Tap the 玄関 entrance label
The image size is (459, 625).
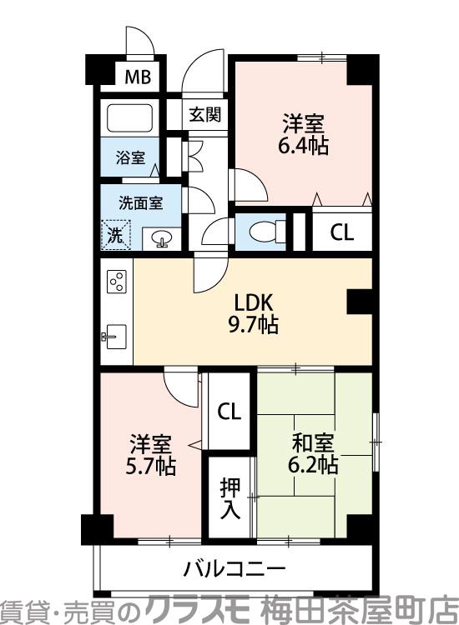pyautogui.click(x=204, y=115)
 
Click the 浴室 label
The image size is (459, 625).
pyautogui.click(x=129, y=157)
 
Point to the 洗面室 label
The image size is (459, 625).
pyautogui.click(x=139, y=202)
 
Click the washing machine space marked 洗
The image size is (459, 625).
pyautogui.click(x=115, y=234)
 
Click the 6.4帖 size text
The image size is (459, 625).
pyautogui.click(x=302, y=146)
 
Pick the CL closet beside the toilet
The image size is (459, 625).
pyautogui.click(x=341, y=232)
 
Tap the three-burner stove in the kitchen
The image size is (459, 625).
pyautogui.click(x=116, y=282)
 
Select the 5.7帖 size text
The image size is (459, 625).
pyautogui.click(x=151, y=467)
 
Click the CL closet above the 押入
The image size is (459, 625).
pyautogui.click(x=229, y=411)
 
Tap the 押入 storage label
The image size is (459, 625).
pyautogui.click(x=229, y=498)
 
